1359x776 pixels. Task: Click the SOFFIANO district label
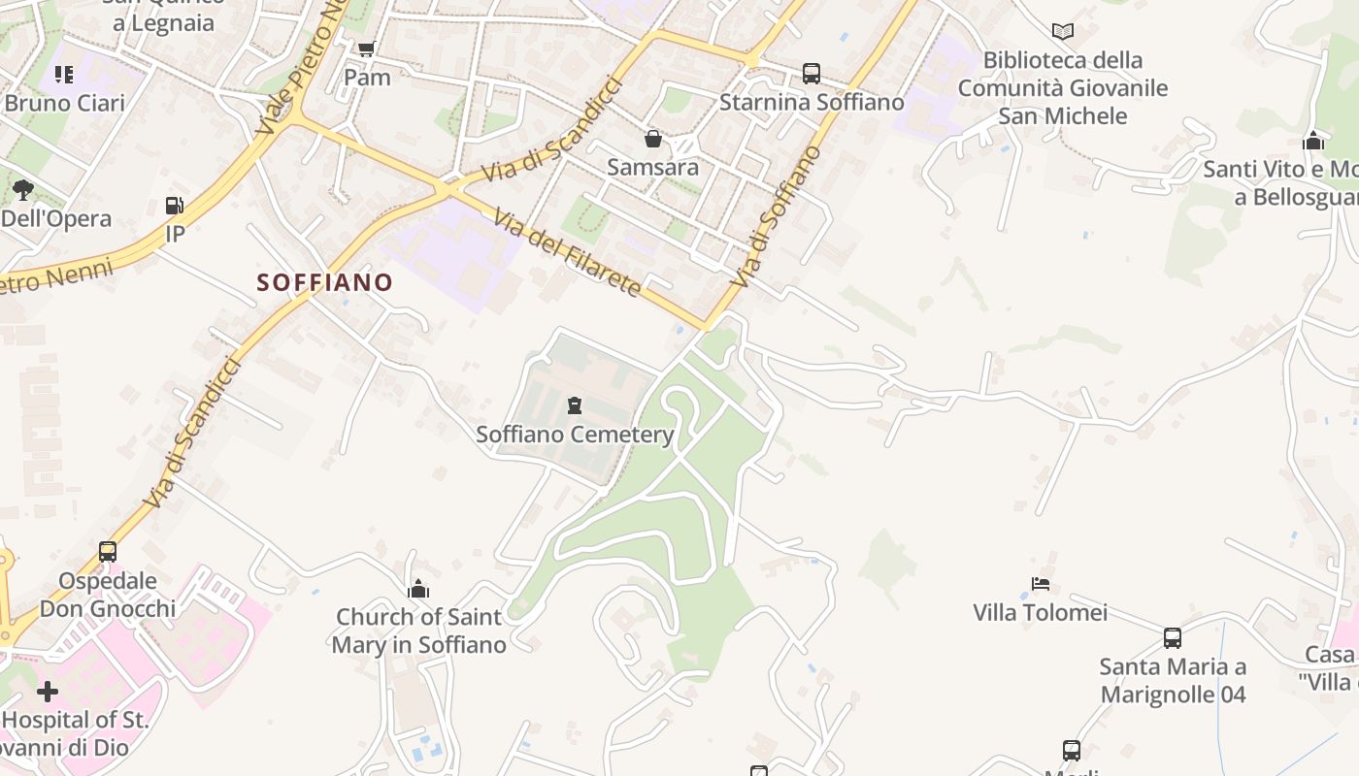click(x=324, y=282)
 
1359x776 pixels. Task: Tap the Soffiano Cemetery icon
click(x=575, y=405)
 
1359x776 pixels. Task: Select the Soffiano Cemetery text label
click(x=575, y=434)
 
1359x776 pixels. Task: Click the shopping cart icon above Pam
click(x=366, y=49)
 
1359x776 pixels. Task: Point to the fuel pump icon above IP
click(x=175, y=206)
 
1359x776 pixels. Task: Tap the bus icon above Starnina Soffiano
click(x=811, y=74)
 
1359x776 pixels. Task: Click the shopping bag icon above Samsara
click(x=653, y=140)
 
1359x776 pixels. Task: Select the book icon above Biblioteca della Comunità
click(x=1063, y=32)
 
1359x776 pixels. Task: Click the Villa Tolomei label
click(x=1040, y=612)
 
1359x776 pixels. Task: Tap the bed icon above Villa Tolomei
click(x=1041, y=584)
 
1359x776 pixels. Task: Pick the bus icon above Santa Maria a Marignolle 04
click(x=1173, y=638)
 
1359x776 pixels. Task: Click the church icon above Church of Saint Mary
click(x=418, y=589)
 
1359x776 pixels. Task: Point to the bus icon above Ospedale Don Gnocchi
click(x=108, y=552)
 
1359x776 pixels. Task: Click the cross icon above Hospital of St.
click(x=47, y=692)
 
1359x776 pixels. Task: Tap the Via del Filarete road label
click(x=567, y=252)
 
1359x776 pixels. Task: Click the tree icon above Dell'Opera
click(x=23, y=190)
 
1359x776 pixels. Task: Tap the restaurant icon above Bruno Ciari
click(x=64, y=75)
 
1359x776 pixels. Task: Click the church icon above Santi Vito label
click(x=1313, y=141)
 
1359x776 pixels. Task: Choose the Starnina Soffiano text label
click(x=812, y=102)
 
